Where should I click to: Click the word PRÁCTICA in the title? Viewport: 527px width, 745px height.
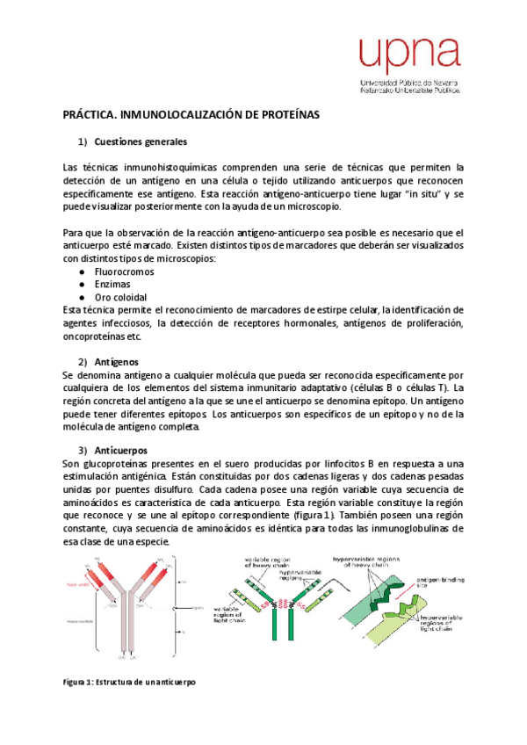[90, 115]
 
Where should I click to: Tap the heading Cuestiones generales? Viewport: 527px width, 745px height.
[140, 141]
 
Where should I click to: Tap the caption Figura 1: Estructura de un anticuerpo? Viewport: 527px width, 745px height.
[128, 682]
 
